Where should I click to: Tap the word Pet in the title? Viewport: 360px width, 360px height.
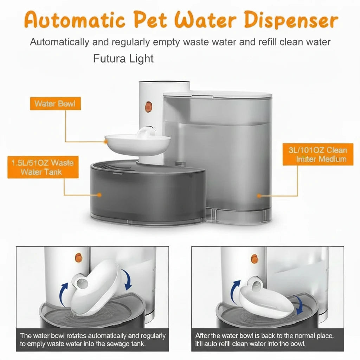click(x=150, y=20)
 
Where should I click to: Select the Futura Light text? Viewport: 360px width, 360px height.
click(x=123, y=59)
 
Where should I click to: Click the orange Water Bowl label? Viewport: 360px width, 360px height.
click(x=55, y=104)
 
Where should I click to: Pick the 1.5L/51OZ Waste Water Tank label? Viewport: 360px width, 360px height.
click(x=43, y=167)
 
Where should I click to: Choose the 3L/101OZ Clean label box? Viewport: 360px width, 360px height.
click(x=318, y=154)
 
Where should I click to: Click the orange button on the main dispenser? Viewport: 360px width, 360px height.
click(x=148, y=107)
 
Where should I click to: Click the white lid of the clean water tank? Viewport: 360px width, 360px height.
click(x=218, y=94)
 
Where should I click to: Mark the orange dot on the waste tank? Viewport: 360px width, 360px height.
click(x=99, y=195)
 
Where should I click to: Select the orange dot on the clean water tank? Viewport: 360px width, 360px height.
click(x=259, y=196)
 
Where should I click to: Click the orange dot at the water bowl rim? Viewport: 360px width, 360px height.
click(x=105, y=142)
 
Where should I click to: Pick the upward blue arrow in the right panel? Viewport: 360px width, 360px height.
click(x=235, y=290)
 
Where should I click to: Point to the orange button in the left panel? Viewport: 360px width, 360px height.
click(x=79, y=258)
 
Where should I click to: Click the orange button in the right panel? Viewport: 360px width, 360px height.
click(x=255, y=258)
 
